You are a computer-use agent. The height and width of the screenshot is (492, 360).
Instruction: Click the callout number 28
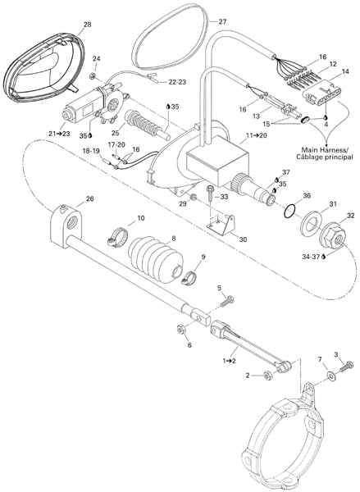[88, 24]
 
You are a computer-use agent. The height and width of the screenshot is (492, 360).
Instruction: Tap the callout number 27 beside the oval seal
[222, 21]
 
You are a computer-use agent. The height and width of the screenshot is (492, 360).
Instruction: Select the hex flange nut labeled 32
[333, 232]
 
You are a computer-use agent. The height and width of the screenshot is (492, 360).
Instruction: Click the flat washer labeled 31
[311, 225]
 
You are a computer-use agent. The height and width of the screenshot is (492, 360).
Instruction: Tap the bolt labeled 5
[227, 301]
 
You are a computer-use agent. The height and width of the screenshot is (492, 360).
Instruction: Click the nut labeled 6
[180, 329]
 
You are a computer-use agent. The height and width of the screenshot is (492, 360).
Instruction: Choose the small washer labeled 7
[330, 375]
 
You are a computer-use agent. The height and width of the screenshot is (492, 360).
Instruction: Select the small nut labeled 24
[93, 75]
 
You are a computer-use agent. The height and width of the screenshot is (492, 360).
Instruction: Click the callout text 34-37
[311, 257]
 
